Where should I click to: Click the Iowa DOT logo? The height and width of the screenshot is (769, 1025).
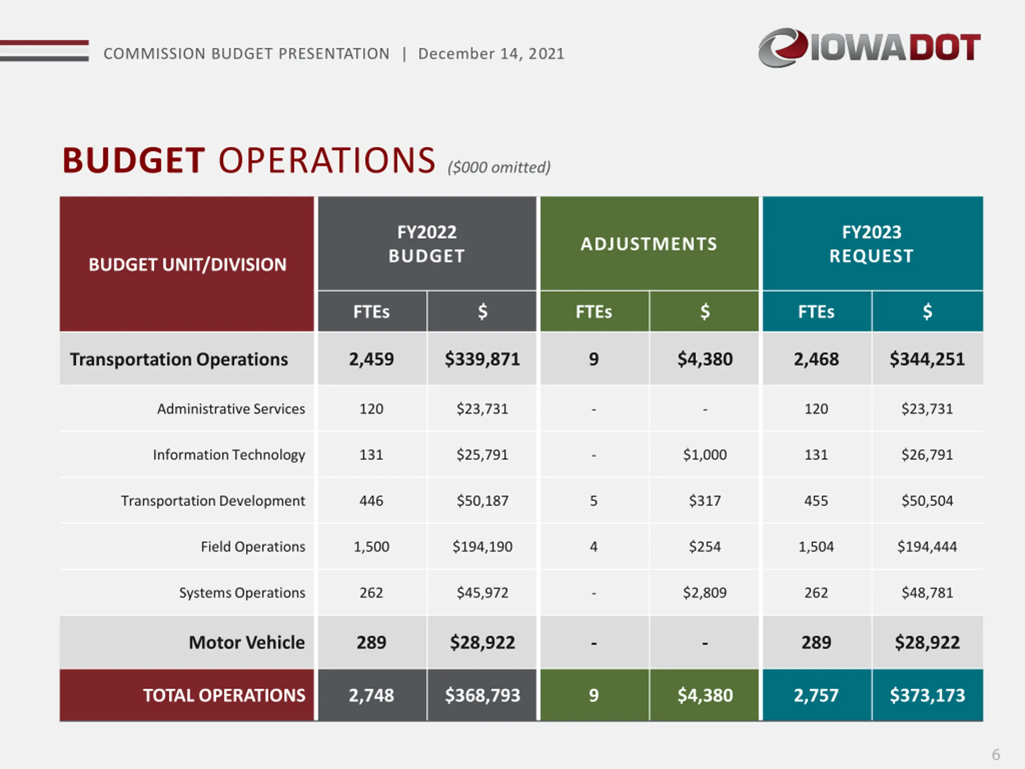tap(869, 47)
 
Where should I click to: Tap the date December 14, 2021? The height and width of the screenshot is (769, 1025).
tap(491, 54)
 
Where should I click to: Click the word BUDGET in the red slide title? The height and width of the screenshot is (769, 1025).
tap(133, 160)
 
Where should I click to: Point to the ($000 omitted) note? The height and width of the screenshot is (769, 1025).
tap(499, 167)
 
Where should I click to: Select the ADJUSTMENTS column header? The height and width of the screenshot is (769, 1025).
tap(649, 244)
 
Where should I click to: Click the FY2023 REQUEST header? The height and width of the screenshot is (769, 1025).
tap(871, 244)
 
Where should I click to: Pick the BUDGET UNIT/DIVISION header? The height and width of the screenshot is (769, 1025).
tap(187, 265)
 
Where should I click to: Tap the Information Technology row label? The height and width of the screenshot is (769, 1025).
tap(229, 455)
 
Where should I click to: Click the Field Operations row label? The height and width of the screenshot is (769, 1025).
tap(253, 546)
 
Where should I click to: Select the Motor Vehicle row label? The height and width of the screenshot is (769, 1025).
tap(247, 642)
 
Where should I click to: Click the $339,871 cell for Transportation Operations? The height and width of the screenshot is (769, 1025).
tap(482, 359)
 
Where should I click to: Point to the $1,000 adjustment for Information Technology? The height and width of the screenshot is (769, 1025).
tap(705, 455)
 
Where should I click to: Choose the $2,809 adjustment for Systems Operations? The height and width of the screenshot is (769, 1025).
tap(705, 592)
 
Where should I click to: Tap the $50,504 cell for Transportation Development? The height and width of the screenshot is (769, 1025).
tap(927, 501)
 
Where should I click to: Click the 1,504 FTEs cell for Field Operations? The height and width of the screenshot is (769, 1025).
tap(816, 546)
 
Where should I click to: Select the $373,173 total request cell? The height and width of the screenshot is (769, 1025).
tap(927, 695)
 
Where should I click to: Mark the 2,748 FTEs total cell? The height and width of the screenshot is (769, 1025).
tap(371, 695)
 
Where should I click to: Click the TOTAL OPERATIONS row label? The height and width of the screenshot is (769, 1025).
tap(224, 695)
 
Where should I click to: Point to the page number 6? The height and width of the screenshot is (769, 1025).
tap(996, 754)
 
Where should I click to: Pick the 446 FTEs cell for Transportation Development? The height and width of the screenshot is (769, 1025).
tap(371, 501)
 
